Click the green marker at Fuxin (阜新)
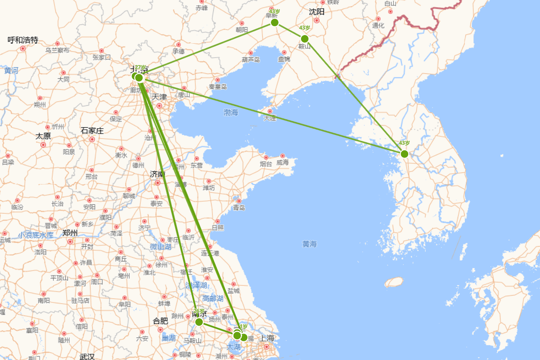(x=274, y=22)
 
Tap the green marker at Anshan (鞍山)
(x=305, y=38)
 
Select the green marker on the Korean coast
(x=405, y=154)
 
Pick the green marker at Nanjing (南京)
(x=199, y=322)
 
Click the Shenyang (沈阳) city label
(x=317, y=12)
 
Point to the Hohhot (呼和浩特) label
(x=23, y=40)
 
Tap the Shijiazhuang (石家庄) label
(x=92, y=131)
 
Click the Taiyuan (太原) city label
(x=43, y=136)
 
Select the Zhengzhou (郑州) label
(x=70, y=233)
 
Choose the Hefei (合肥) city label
(x=160, y=321)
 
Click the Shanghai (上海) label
(x=267, y=338)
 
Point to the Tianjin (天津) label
(x=159, y=97)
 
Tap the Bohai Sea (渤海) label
(x=231, y=112)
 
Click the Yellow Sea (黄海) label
(x=310, y=244)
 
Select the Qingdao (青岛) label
(x=239, y=207)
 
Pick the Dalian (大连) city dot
(x=270, y=111)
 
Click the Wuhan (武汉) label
(x=87, y=357)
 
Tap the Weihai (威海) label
(x=283, y=162)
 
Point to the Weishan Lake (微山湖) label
(x=160, y=247)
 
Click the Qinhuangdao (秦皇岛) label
(x=218, y=87)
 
